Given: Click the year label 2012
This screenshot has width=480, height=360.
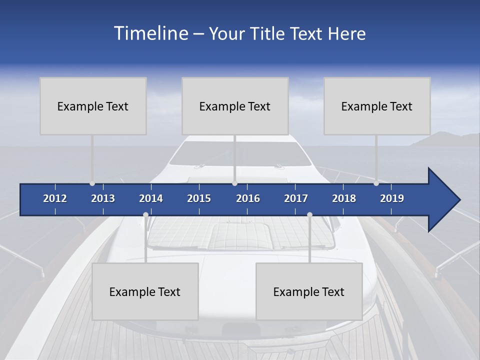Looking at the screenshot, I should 55,198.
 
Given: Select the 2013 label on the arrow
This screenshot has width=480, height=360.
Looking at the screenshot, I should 103,198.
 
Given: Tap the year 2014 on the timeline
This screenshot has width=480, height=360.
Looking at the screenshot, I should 151,198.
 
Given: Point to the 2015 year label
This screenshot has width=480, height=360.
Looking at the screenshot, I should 199,198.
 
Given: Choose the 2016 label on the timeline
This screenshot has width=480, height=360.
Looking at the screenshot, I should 248,198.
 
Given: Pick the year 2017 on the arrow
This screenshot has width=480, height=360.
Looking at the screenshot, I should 296,198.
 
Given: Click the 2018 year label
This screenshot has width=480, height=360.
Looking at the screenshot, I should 344,198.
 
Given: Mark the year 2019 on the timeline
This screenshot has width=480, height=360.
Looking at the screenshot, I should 392,198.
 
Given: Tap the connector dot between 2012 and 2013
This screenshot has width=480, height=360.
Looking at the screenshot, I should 92,183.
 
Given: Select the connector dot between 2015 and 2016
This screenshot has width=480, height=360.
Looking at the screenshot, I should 234,183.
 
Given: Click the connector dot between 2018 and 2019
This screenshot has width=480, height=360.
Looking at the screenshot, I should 376,183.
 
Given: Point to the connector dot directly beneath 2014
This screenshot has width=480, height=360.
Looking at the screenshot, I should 145,215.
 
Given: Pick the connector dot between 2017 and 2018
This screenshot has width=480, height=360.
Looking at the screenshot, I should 309,215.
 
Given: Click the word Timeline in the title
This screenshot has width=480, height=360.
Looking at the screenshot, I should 150,33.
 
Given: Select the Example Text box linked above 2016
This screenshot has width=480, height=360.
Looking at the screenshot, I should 235,106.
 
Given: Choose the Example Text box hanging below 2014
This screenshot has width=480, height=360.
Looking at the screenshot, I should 145,291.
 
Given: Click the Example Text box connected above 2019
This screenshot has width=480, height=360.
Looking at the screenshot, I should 377,106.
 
